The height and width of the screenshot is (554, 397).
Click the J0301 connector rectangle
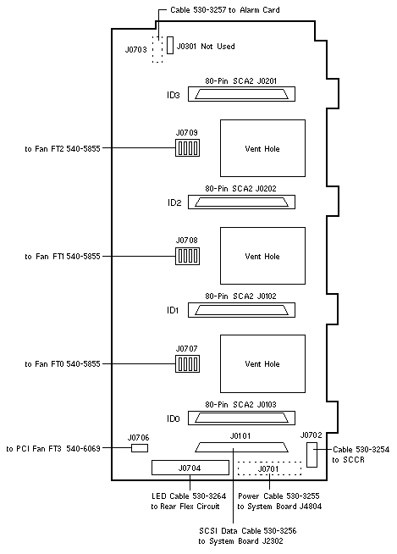[x=170, y=45]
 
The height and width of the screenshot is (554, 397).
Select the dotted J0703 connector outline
[x=157, y=49]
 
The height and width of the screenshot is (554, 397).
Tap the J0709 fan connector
[x=188, y=147]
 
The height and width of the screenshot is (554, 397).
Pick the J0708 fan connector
[x=188, y=256]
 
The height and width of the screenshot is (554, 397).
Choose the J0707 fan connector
[x=188, y=363]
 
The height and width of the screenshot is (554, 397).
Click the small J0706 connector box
[x=140, y=448]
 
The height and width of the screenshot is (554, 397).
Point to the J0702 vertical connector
[x=312, y=455]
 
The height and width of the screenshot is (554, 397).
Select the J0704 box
[x=190, y=468]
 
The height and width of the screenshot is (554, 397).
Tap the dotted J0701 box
[x=269, y=468]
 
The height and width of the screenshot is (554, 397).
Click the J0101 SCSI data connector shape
[x=241, y=447]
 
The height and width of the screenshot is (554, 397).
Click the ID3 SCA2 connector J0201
[x=241, y=94]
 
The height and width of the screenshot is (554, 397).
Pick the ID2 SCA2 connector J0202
[x=241, y=202]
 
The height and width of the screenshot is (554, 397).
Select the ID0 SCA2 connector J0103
[x=241, y=418]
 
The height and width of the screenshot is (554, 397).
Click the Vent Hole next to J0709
[x=262, y=148]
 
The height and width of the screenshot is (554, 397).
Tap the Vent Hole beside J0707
[x=262, y=363]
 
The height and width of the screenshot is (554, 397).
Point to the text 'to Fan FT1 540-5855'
[x=63, y=256]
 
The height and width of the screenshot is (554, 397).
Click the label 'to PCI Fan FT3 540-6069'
[x=53, y=448]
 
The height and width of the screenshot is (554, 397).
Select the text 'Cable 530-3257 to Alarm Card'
[x=225, y=10]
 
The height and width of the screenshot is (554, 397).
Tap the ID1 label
[x=173, y=310]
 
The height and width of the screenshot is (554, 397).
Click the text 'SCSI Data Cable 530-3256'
[x=247, y=530]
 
